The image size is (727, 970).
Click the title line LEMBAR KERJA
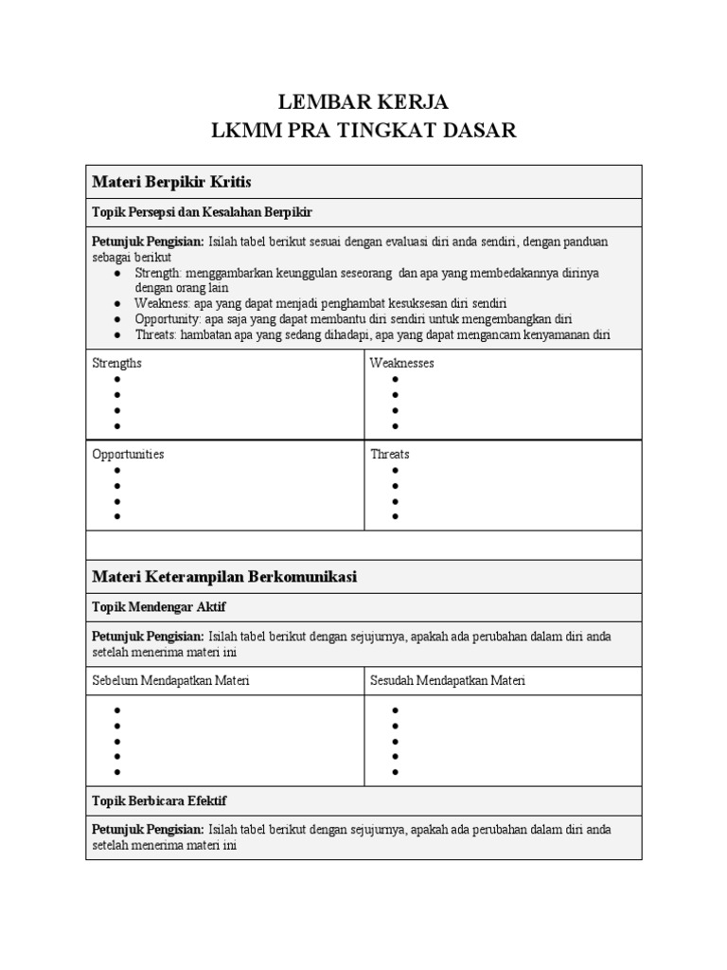tap(363, 101)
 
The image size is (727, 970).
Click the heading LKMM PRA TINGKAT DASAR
tap(363, 131)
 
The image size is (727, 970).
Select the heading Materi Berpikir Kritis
tap(171, 181)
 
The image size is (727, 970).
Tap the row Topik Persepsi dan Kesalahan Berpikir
tap(202, 211)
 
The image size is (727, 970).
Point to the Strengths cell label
tap(117, 363)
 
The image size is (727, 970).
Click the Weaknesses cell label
tap(402, 363)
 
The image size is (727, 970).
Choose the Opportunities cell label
tap(128, 454)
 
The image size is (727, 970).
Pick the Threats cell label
tap(390, 454)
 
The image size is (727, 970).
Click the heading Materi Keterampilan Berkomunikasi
tap(224, 576)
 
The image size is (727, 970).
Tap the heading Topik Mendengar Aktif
tap(159, 606)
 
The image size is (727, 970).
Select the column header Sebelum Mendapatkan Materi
tap(170, 680)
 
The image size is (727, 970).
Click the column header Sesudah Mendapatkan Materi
tap(448, 680)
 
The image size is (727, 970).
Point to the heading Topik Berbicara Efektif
tap(159, 800)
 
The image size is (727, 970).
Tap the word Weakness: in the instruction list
tap(162, 303)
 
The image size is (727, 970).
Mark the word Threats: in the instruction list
tap(155, 334)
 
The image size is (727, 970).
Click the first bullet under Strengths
tap(117, 379)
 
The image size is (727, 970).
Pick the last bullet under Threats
tap(395, 516)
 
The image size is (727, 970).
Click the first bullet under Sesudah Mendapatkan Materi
tap(395, 710)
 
